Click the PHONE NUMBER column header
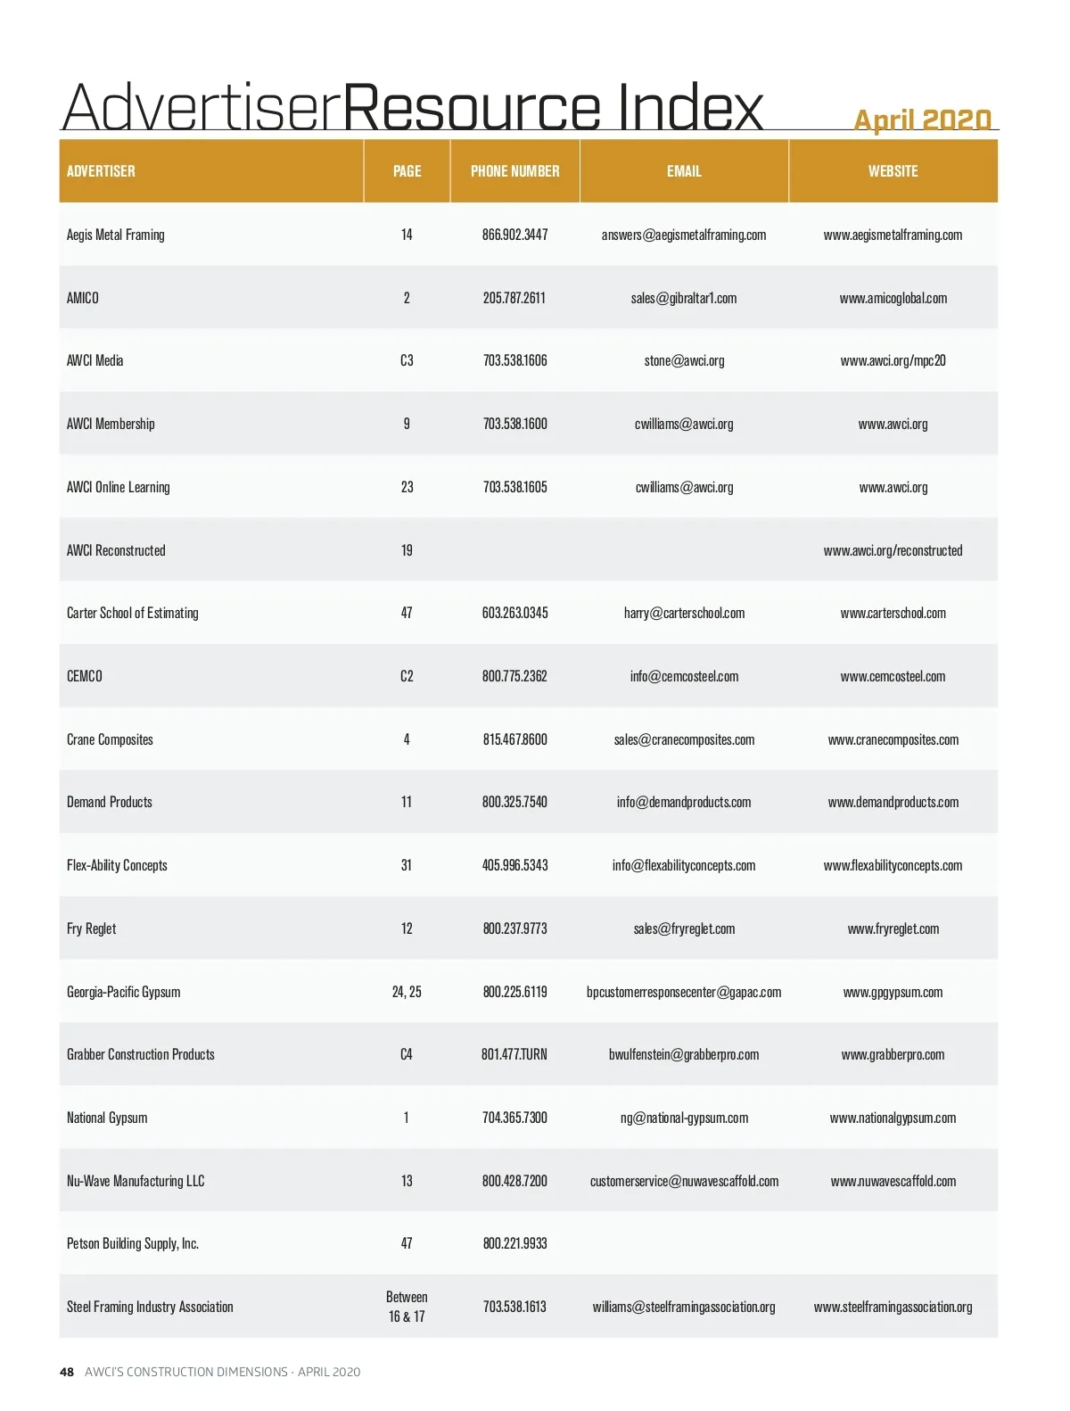(514, 171)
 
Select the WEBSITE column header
(893, 171)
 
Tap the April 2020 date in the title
(922, 120)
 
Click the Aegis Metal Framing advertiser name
(116, 235)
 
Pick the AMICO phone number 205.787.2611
(514, 298)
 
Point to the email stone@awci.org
(684, 361)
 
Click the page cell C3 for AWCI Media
(407, 361)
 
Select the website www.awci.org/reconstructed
(893, 550)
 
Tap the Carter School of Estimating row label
(133, 613)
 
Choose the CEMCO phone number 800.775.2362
(514, 676)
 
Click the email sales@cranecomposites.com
(684, 739)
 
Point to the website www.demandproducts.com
(893, 802)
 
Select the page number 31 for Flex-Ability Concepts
(407, 865)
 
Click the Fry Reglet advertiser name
(92, 928)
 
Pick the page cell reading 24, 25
(407, 992)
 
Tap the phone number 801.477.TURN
(514, 1054)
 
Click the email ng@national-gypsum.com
(684, 1118)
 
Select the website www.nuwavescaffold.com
(893, 1181)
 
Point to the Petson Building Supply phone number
(514, 1243)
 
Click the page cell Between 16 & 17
(407, 1307)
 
